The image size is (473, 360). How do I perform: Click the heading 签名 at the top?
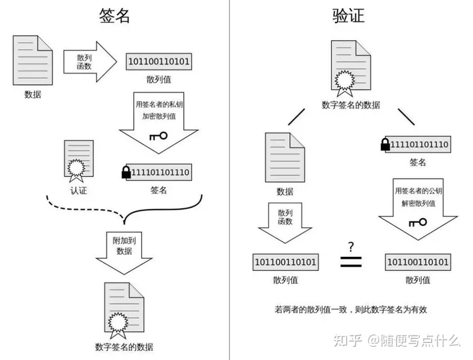click(114, 16)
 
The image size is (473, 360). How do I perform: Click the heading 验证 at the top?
click(348, 16)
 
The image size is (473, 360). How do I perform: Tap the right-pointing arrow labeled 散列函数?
click(90, 62)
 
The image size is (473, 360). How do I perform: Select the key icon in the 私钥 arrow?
click(158, 136)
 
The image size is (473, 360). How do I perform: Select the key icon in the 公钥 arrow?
click(418, 223)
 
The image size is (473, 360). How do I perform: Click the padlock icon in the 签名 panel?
click(126, 172)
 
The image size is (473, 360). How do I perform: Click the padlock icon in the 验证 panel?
click(385, 145)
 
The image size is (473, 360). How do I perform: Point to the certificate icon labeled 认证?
click(78, 161)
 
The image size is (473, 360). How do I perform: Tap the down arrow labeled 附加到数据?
click(124, 253)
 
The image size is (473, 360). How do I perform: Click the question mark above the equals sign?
click(351, 247)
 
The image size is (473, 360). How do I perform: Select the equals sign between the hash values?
click(351, 261)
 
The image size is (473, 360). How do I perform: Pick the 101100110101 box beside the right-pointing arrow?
click(159, 62)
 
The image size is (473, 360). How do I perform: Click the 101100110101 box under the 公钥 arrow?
click(418, 262)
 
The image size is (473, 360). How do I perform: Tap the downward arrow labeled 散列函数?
click(285, 223)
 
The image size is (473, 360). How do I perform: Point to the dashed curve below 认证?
click(85, 208)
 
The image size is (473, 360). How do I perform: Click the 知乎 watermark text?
click(348, 340)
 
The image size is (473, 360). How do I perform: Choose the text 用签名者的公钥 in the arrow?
click(418, 191)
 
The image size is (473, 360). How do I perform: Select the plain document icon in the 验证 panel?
click(284, 158)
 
